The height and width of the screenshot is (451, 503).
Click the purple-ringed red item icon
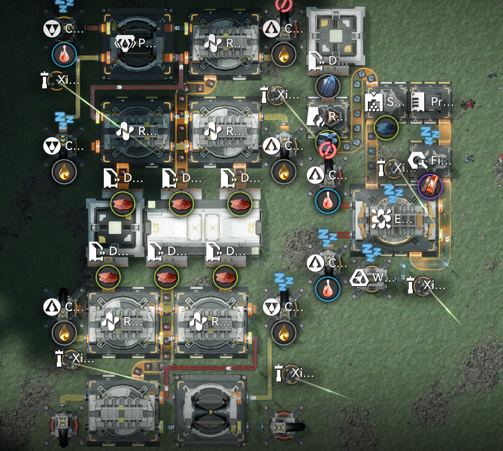pyautogui.click(x=430, y=186)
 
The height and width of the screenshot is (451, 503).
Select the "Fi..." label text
pyautogui.click(x=441, y=160)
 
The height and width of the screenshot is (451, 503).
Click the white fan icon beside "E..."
pyautogui.click(x=381, y=219)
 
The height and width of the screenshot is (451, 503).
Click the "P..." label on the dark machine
pyautogui.click(x=147, y=43)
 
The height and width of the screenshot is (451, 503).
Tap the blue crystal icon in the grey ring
pyautogui.click(x=328, y=86)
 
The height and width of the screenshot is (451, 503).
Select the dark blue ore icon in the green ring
pyautogui.click(x=386, y=128)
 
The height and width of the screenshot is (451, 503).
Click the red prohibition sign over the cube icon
pyautogui.click(x=328, y=150)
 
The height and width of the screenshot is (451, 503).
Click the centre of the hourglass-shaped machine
pyautogui.click(x=211, y=413)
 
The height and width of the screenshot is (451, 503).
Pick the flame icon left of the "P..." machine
pyautogui.click(x=64, y=54)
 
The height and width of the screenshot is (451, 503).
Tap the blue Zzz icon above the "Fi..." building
pyautogui.click(x=430, y=135)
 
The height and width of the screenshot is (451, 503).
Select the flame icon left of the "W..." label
pyautogui.click(x=328, y=289)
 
